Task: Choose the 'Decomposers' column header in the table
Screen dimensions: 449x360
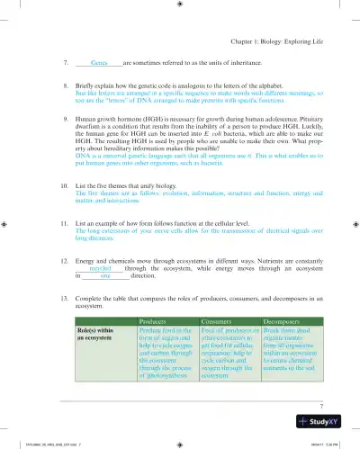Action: click(288, 319)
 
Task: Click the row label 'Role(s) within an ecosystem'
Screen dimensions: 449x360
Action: click(101, 335)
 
